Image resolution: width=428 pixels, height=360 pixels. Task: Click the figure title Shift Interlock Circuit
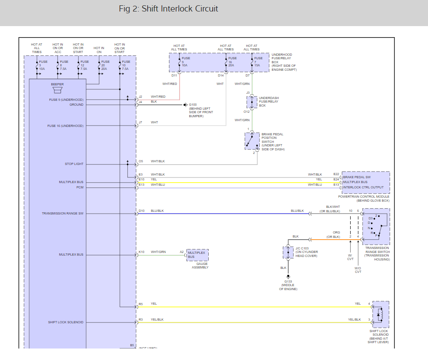click(168, 9)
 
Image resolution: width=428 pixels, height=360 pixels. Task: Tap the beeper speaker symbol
click(57, 90)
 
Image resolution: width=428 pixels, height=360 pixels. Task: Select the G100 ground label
click(193, 105)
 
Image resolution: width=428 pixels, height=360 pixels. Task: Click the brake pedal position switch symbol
click(252, 141)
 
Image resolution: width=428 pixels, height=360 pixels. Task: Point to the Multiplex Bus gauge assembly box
click(197, 255)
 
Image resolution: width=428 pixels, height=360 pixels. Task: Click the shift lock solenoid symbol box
click(381, 314)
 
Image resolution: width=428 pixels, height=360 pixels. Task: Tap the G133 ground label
click(288, 282)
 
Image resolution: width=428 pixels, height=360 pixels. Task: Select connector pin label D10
click(141, 211)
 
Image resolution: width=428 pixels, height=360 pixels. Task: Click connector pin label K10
click(141, 252)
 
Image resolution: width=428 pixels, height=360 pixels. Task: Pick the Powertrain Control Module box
click(366, 182)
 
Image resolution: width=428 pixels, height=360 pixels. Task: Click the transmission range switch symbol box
click(376, 226)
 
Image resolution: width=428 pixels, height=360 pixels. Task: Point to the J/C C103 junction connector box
click(288, 252)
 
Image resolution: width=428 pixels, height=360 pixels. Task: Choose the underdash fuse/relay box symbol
click(252, 102)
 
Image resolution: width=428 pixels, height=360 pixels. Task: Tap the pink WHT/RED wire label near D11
click(170, 84)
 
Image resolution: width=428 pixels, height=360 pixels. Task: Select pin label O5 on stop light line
click(141, 161)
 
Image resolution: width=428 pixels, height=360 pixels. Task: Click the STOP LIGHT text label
click(74, 164)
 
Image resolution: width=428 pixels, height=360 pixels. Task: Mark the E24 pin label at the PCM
click(336, 179)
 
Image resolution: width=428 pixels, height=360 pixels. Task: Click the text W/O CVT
click(358, 270)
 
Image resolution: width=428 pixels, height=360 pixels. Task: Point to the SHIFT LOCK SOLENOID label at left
click(65, 322)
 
